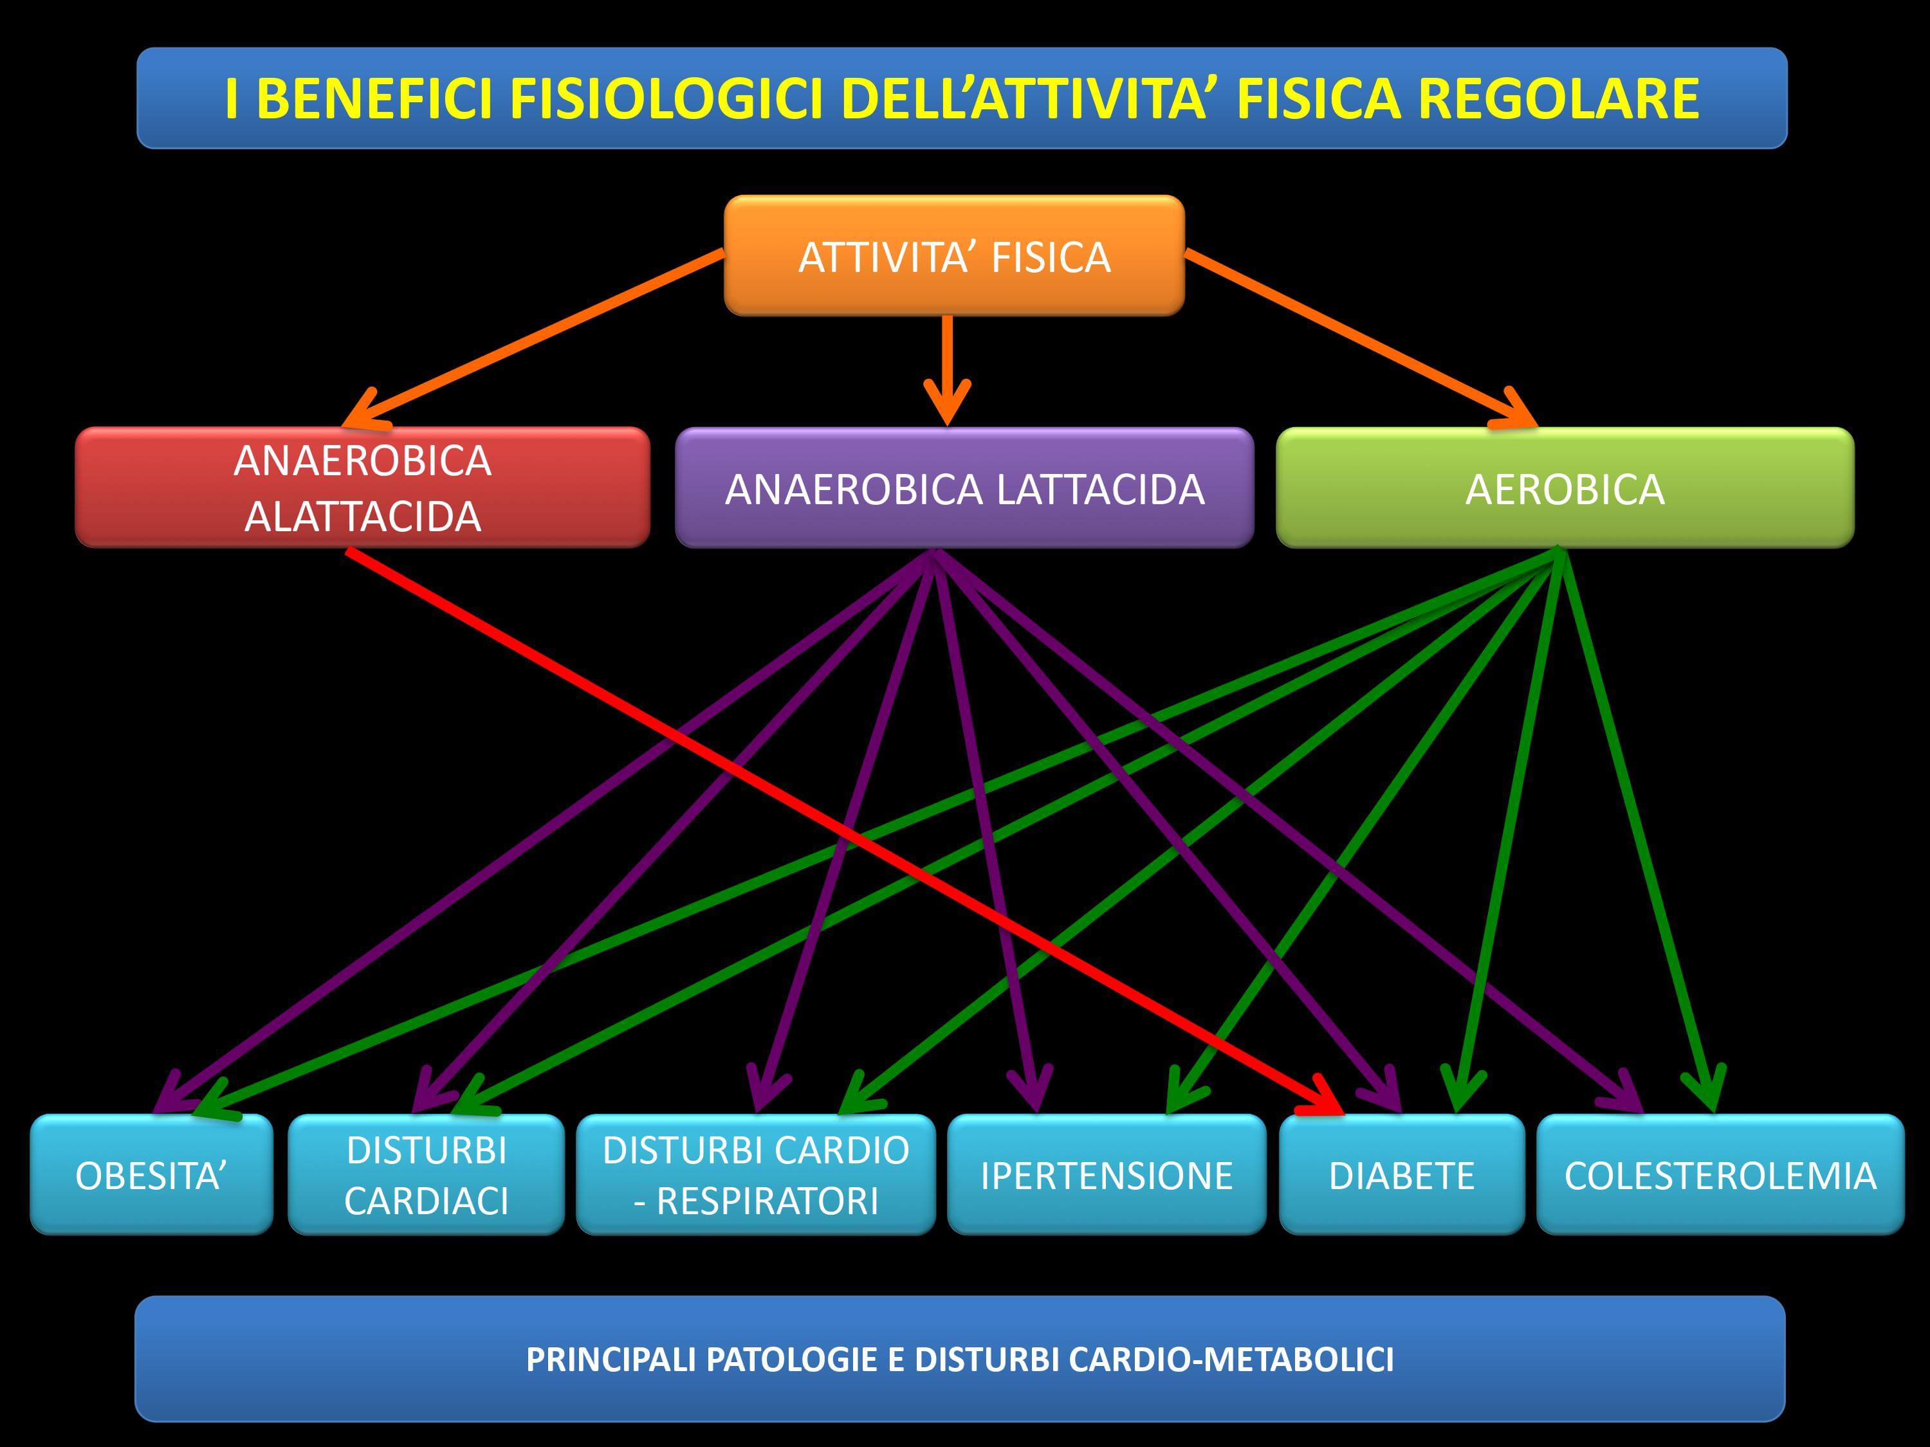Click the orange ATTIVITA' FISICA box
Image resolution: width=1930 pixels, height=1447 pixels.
[x=953, y=255]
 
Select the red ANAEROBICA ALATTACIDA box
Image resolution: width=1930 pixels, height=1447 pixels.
[x=362, y=487]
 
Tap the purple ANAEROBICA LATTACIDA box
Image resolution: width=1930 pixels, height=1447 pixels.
[x=964, y=487]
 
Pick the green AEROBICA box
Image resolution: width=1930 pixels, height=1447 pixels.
[x=1565, y=487]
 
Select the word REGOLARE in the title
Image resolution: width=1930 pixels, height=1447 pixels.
[x=1558, y=98]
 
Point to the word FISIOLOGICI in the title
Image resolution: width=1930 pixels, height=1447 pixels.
[x=666, y=98]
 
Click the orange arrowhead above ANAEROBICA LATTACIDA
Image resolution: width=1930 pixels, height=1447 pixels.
[x=947, y=403]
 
